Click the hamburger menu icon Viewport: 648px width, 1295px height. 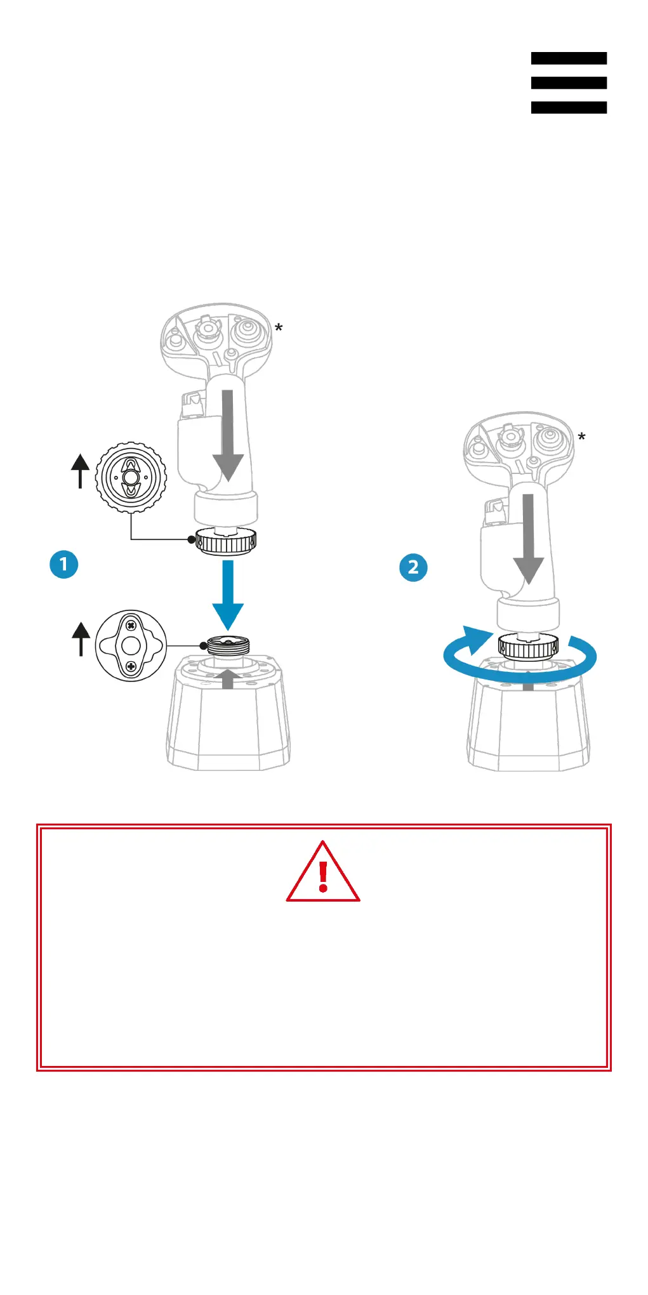pyautogui.click(x=569, y=82)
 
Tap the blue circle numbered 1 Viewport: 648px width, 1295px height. pyautogui.click(x=63, y=564)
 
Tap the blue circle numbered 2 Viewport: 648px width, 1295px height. pyautogui.click(x=413, y=567)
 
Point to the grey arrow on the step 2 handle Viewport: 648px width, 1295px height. pyautogui.click(x=528, y=539)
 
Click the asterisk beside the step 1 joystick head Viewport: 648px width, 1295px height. pyautogui.click(x=279, y=329)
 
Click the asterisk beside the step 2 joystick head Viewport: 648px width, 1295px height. pyautogui.click(x=581, y=437)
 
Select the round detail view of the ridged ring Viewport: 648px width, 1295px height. pyautogui.click(x=131, y=477)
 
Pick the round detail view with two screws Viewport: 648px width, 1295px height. pyautogui.click(x=131, y=646)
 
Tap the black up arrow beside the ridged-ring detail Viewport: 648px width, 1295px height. pyautogui.click(x=80, y=471)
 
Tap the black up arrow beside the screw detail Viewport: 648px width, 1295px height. pyautogui.click(x=81, y=639)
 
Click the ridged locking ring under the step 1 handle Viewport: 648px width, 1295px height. pyautogui.click(x=225, y=542)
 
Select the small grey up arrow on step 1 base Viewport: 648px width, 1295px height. pyautogui.click(x=228, y=679)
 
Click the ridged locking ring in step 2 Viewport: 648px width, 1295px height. pyautogui.click(x=528, y=647)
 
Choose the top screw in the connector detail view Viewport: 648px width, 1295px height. pyautogui.click(x=131, y=626)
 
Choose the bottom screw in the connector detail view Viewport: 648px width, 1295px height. pyautogui.click(x=131, y=666)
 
